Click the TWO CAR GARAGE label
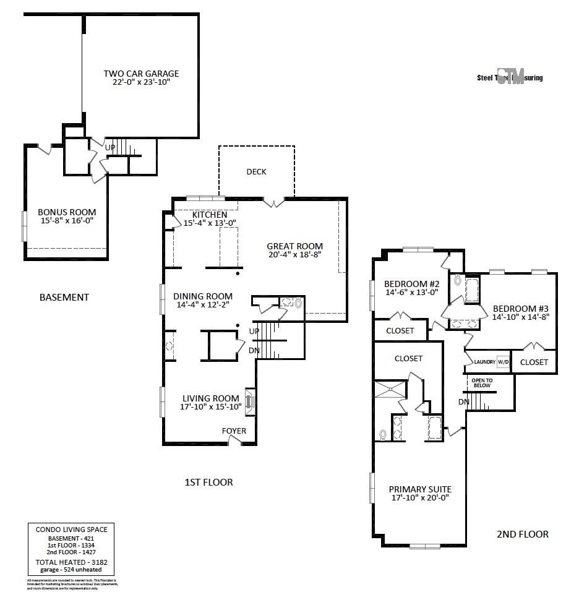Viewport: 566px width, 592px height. click(x=141, y=74)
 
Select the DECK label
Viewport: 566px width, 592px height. click(x=256, y=171)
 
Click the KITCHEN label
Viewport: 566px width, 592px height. click(x=209, y=214)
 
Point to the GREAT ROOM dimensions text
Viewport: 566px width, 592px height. click(x=295, y=255)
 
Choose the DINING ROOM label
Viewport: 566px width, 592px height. click(x=203, y=296)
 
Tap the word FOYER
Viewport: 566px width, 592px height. click(x=234, y=431)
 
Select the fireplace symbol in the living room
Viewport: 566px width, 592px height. click(x=250, y=401)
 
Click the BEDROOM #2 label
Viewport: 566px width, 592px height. click(x=412, y=283)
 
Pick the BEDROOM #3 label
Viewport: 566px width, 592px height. click(x=521, y=309)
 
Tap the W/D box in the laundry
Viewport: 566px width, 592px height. click(x=504, y=362)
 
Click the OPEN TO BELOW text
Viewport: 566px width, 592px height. click(x=482, y=383)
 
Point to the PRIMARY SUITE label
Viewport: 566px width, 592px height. click(x=421, y=489)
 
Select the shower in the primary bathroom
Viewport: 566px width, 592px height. click(x=390, y=391)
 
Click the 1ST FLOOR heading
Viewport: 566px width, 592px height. click(x=209, y=482)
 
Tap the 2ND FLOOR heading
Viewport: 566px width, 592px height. click(x=522, y=534)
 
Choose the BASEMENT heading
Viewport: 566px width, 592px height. click(x=64, y=297)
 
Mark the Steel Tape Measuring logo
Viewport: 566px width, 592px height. click(x=510, y=77)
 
